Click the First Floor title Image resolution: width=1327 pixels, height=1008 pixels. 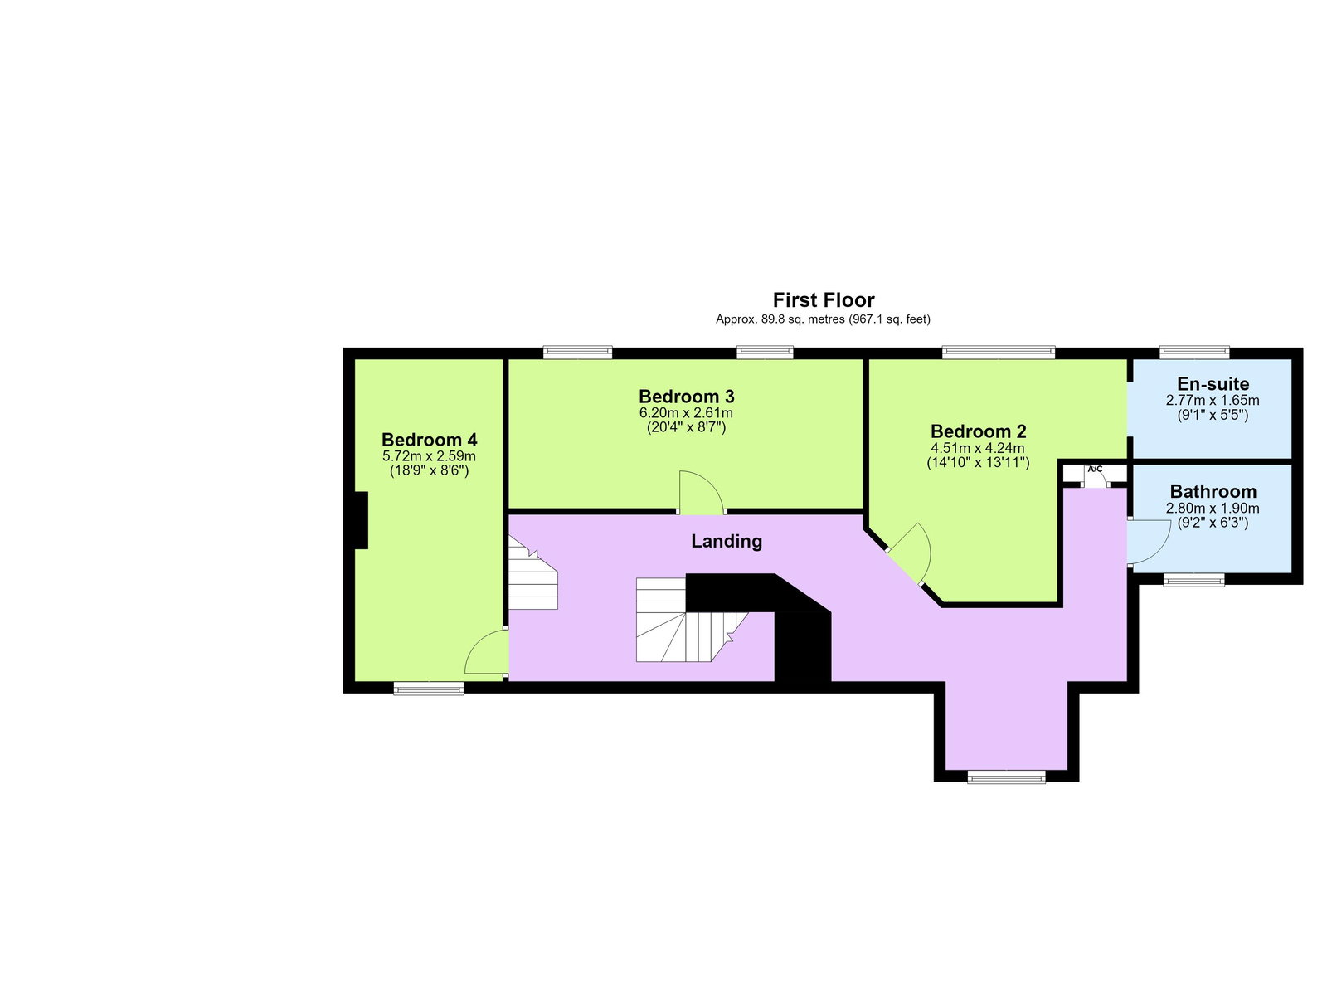pos(823,300)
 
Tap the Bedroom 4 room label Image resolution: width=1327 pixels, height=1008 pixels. pos(430,440)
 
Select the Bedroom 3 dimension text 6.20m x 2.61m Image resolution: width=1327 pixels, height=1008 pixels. pos(686,413)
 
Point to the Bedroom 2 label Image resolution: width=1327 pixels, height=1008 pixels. pos(978,431)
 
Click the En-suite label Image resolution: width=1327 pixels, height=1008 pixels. pos(1213,384)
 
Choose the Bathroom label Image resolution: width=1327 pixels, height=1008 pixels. pos(1213,491)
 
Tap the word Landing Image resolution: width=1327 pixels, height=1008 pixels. pos(726,541)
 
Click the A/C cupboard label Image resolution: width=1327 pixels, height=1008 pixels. pos(1095,469)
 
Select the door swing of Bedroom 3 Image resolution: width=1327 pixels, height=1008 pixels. pos(702,492)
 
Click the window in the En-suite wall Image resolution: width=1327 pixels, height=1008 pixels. pos(1194,351)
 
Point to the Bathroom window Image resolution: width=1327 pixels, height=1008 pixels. pos(1194,581)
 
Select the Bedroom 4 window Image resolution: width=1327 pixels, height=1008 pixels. pos(429,688)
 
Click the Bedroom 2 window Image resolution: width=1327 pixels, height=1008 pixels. pos(998,351)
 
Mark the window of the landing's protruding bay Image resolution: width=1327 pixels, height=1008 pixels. pos(1006,777)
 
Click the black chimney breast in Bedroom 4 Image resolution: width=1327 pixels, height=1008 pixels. pos(361,521)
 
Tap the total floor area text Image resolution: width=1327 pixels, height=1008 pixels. pos(823,319)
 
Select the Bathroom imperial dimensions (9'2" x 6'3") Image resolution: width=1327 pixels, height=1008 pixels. pos(1213,523)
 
